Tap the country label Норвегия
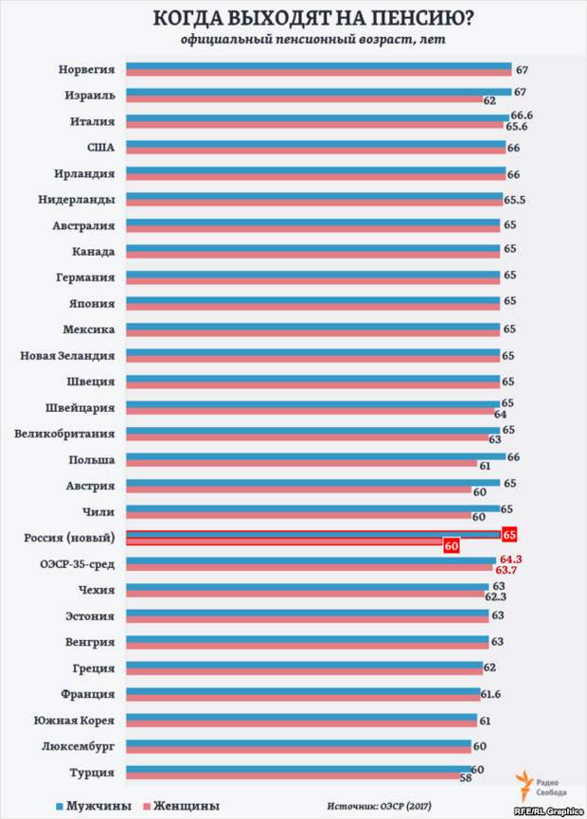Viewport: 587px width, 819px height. pos(87,70)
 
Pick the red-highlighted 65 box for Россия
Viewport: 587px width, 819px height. pos(509,535)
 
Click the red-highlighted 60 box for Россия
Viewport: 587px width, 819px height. pos(452,545)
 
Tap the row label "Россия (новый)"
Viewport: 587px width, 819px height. pos(68,539)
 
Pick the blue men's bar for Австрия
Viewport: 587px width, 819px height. pos(312,482)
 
